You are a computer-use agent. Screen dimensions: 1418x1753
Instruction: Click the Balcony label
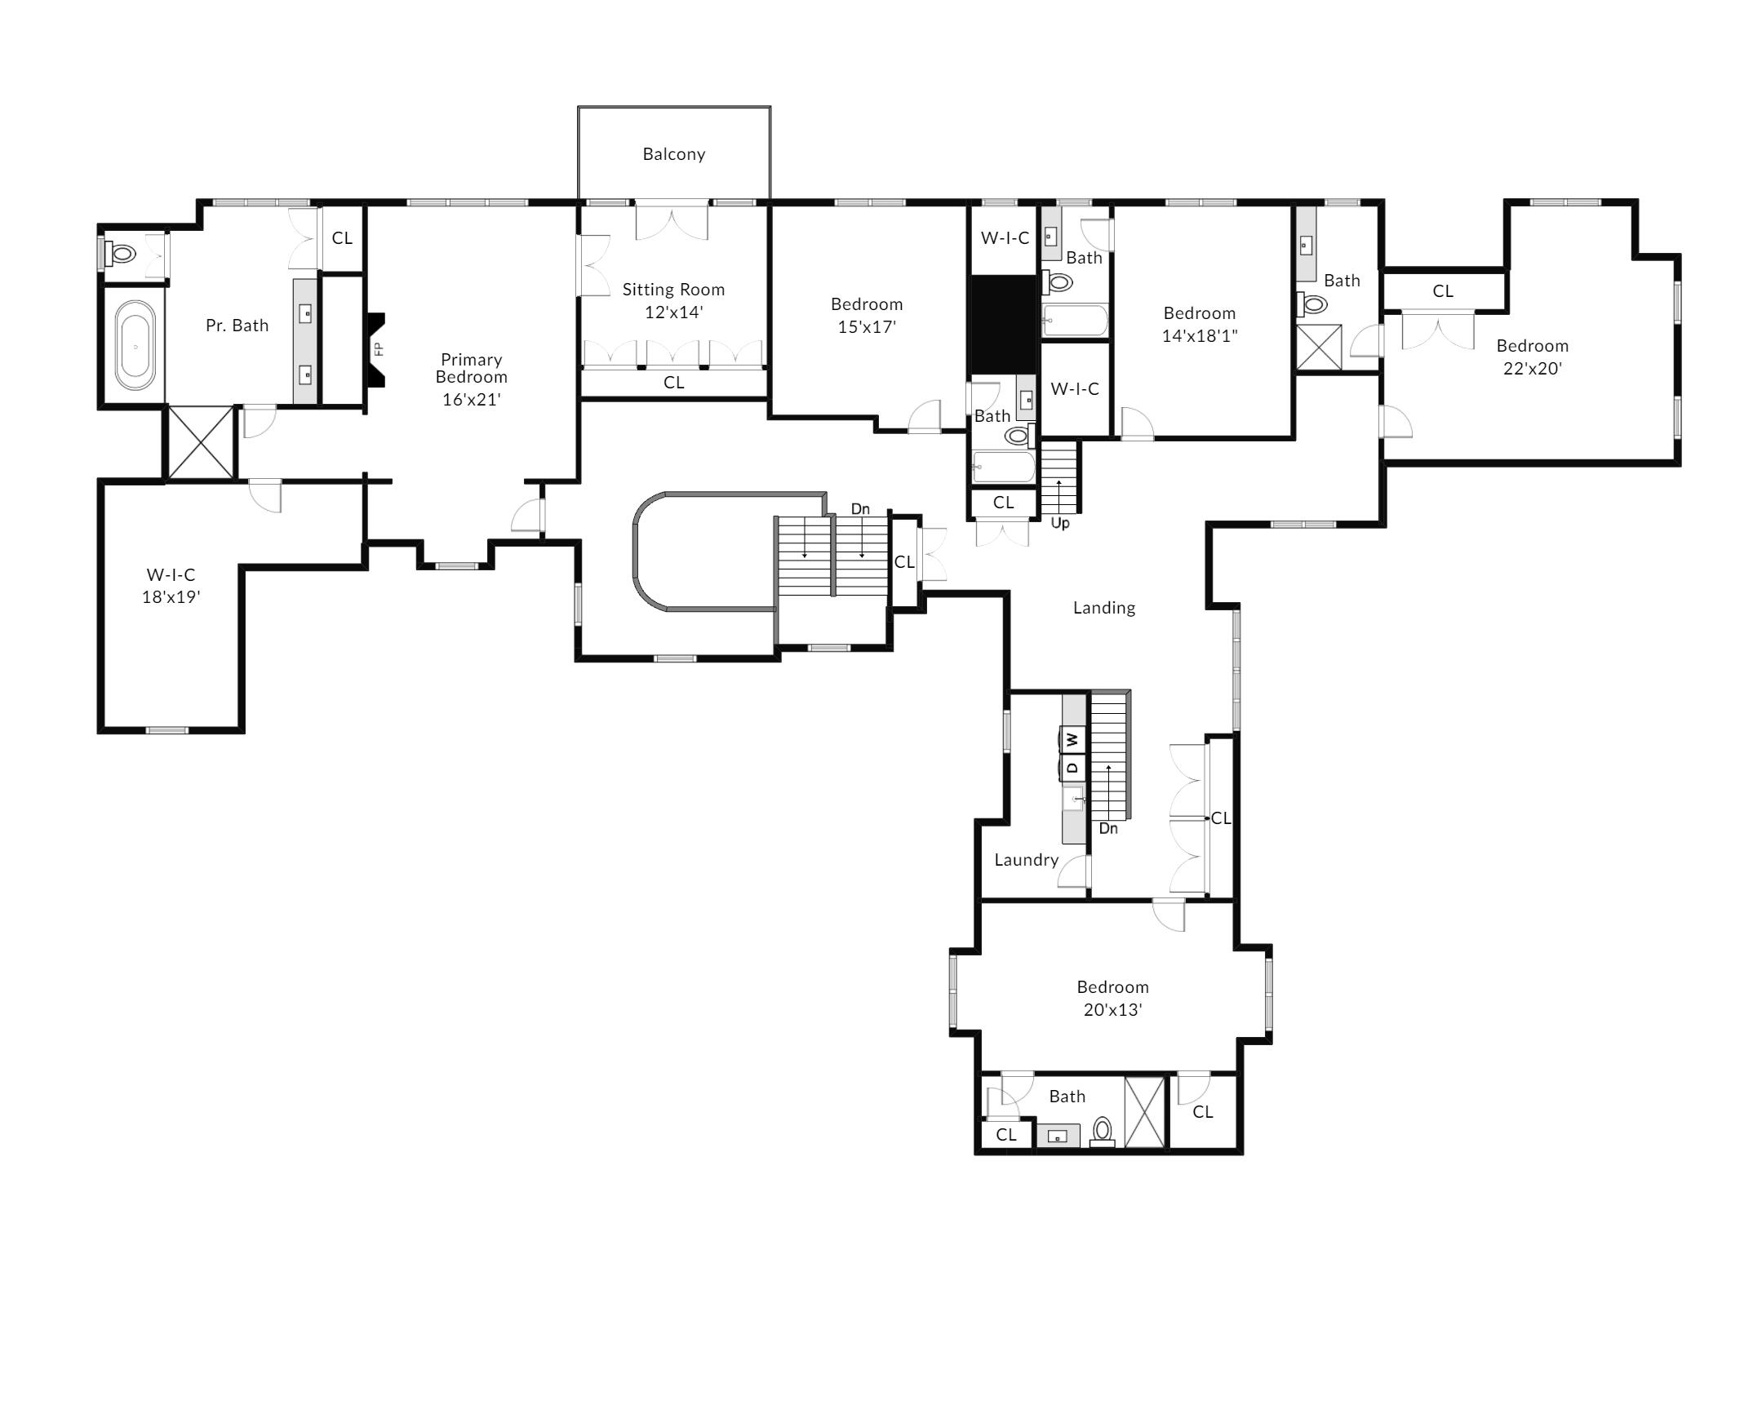[673, 154]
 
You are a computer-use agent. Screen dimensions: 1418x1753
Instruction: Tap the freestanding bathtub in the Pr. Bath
[135, 345]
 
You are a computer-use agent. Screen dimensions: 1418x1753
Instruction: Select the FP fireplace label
[378, 348]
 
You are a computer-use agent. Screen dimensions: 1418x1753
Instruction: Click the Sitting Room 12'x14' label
[673, 300]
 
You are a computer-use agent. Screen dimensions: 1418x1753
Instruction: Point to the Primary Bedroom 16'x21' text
[472, 379]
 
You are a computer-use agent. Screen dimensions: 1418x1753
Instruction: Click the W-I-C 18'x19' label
[171, 586]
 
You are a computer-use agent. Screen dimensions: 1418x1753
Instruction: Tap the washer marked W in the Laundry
[1072, 739]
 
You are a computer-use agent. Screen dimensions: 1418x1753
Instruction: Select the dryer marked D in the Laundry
[1072, 766]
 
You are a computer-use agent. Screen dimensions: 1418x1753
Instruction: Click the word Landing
[1103, 608]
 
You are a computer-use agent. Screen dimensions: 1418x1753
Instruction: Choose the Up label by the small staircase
[1059, 523]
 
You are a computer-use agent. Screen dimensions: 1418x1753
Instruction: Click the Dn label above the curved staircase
[860, 509]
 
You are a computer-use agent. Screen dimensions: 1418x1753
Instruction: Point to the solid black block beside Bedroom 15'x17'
[1002, 325]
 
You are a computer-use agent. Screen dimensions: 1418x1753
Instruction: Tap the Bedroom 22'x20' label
[1532, 357]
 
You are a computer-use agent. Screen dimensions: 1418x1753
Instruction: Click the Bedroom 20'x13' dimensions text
[1112, 1009]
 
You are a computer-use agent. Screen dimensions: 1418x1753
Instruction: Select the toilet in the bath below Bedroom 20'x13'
[1102, 1131]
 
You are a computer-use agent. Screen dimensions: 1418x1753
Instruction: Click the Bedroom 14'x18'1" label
[1199, 324]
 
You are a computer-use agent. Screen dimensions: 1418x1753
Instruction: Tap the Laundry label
[1026, 859]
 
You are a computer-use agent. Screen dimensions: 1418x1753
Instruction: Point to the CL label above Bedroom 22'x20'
[1443, 290]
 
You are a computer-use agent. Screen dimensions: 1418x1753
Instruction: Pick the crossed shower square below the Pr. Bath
[201, 442]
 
